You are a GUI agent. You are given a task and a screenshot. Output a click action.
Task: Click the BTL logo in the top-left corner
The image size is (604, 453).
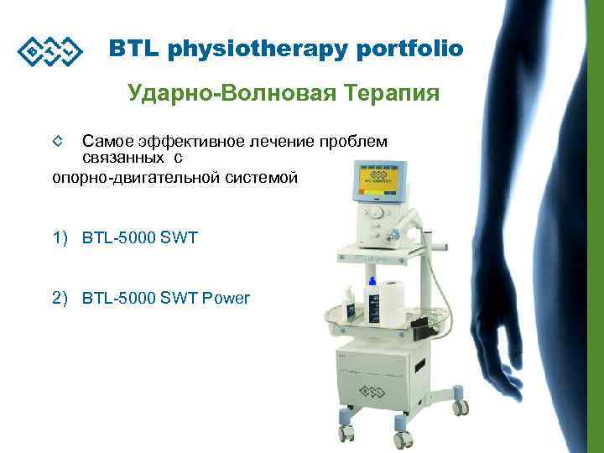click(50, 52)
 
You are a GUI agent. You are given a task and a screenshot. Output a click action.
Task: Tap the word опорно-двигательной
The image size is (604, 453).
click(133, 176)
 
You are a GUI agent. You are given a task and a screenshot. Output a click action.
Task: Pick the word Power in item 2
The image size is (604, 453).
click(226, 298)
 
